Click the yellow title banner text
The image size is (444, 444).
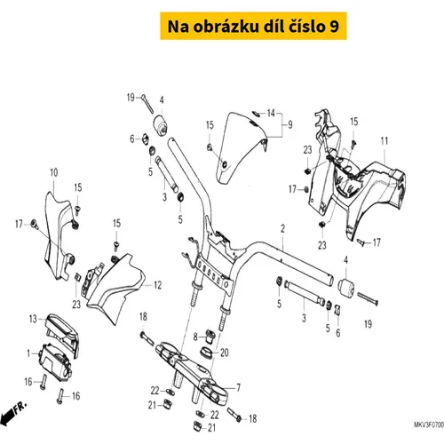[x=253, y=26]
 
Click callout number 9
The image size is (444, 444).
[x=290, y=124]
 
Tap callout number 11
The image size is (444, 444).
[x=385, y=141]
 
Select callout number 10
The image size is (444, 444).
[x=54, y=172]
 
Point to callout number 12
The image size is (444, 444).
[x=158, y=285]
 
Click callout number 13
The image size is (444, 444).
[x=33, y=319]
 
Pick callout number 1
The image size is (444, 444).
[x=28, y=353]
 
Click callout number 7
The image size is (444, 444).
[x=238, y=387]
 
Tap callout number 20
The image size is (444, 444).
[x=225, y=353]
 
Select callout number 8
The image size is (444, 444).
[x=195, y=337]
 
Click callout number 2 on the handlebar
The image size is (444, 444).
[x=282, y=228]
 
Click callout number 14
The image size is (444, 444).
[x=271, y=113]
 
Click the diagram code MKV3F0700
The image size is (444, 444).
[x=429, y=425]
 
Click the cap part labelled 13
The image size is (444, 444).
[x=63, y=335]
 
